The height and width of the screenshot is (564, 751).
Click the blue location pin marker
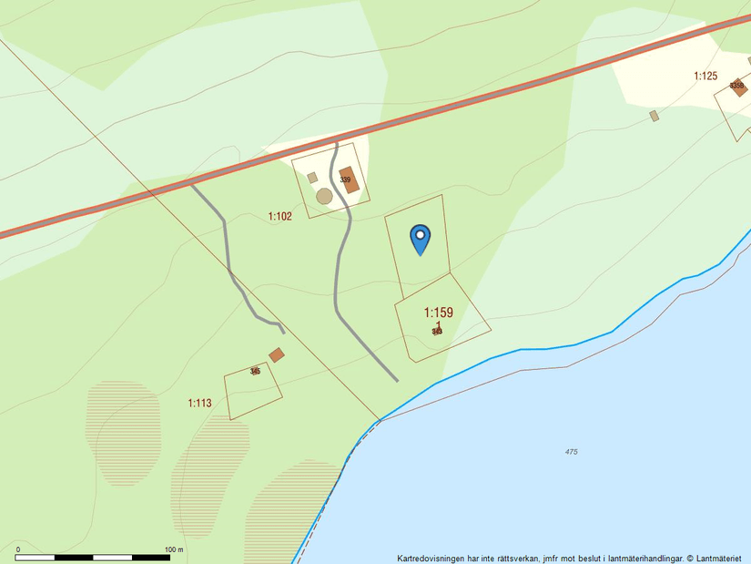coord(420,238)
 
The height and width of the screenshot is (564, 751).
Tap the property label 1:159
coord(438,313)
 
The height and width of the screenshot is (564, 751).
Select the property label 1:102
coord(279,217)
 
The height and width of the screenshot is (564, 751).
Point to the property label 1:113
coord(199,403)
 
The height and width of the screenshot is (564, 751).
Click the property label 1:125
coord(705,76)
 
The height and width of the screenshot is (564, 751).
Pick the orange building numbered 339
coord(349,179)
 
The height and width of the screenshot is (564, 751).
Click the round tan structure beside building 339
coord(324,196)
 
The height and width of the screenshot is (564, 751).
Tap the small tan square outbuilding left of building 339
coord(311,178)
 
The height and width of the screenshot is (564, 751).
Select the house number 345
coord(255,371)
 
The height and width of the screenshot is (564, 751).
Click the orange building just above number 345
coord(276,354)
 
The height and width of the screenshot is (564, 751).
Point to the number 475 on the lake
coord(571,452)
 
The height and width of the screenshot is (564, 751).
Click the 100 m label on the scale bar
coord(174,549)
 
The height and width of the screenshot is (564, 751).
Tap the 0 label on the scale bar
coord(17,549)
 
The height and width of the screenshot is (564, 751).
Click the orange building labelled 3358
coord(737,87)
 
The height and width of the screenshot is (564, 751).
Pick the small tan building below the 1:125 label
coord(654,116)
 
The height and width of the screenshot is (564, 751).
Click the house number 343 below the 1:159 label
coord(437,332)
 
